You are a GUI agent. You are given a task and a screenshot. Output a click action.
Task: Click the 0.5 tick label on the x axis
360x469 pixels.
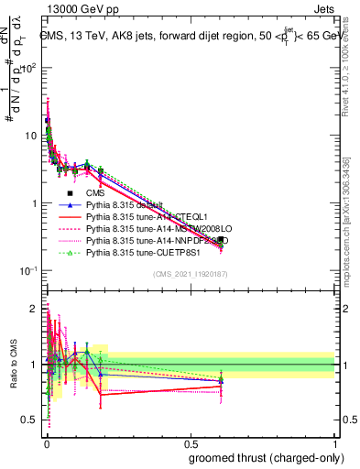191,443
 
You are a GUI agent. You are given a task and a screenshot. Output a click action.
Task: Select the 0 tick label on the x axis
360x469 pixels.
47,443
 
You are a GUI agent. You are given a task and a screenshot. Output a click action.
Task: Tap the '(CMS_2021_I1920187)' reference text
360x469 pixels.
190,275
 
